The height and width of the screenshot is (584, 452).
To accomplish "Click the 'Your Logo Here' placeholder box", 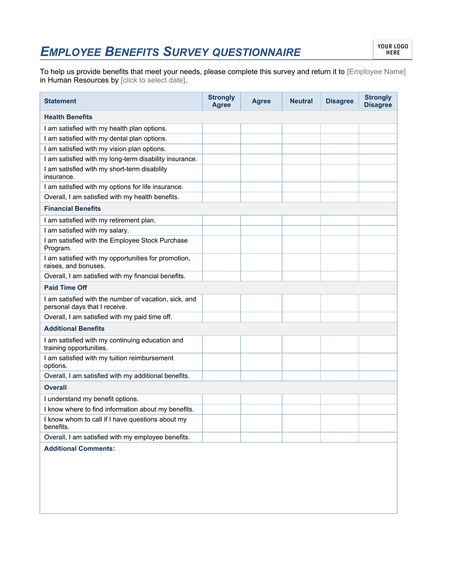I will (x=392, y=49).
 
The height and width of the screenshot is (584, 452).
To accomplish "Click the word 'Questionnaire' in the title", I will (x=256, y=52).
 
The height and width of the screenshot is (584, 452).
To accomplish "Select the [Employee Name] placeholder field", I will (x=376, y=72).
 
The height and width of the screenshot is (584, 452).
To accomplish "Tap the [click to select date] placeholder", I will (x=153, y=80).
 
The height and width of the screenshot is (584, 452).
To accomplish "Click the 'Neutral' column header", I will (x=301, y=101).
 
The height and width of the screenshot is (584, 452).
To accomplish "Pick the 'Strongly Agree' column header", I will (x=221, y=101).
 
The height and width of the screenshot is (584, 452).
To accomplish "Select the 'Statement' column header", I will (x=60, y=101).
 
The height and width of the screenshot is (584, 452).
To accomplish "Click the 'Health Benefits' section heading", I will (x=68, y=117).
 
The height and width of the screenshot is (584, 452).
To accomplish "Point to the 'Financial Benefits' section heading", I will (x=73, y=209).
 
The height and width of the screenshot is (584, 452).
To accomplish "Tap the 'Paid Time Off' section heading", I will (x=66, y=288).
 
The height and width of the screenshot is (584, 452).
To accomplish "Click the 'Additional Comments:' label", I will (x=79, y=449).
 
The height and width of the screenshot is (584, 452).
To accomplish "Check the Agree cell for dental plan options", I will (x=261, y=139).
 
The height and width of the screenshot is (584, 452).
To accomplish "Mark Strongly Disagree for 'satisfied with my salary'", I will (x=378, y=230).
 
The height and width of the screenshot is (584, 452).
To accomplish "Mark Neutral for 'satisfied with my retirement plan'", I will (x=301, y=220).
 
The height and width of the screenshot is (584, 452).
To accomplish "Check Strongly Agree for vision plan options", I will (x=221, y=149).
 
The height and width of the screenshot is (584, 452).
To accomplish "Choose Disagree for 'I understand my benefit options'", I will (x=339, y=399).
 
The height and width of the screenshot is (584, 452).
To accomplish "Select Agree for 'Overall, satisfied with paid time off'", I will (x=261, y=317).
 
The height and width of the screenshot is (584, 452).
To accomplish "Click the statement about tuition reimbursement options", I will (x=109, y=362).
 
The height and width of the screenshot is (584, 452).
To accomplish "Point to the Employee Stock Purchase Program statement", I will (x=116, y=244).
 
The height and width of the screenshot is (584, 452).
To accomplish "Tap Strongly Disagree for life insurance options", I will (x=378, y=187).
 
